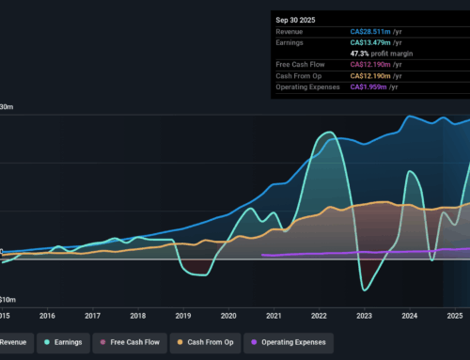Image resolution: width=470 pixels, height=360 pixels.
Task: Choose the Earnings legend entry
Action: click(x=62, y=343)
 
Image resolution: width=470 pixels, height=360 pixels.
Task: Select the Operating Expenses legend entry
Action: click(x=294, y=343)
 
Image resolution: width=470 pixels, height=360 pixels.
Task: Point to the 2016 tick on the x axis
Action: click(x=47, y=317)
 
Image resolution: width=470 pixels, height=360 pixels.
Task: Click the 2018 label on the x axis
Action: click(x=137, y=317)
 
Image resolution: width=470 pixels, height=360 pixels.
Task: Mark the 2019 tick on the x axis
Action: click(x=182, y=317)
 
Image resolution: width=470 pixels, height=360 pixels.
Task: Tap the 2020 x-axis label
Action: click(x=227, y=317)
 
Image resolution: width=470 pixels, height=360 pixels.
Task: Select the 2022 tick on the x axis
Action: click(x=318, y=317)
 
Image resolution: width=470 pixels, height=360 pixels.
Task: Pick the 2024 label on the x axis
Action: click(x=408, y=317)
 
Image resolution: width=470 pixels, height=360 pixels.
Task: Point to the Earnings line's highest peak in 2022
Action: click(x=327, y=133)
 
